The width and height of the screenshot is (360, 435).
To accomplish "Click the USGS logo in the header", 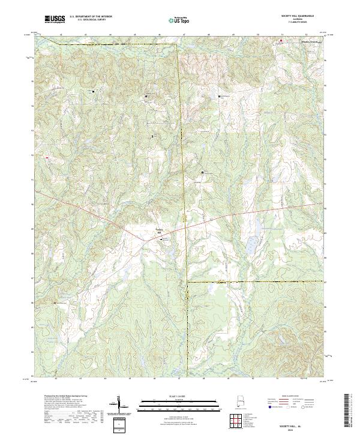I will [x=54, y=19].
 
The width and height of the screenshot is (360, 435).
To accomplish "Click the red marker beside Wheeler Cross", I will [x=280, y=41].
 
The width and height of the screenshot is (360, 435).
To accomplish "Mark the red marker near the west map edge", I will [x=47, y=157].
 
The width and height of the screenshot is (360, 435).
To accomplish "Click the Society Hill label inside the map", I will [x=160, y=229].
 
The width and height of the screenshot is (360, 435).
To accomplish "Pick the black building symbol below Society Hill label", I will [x=160, y=239].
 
